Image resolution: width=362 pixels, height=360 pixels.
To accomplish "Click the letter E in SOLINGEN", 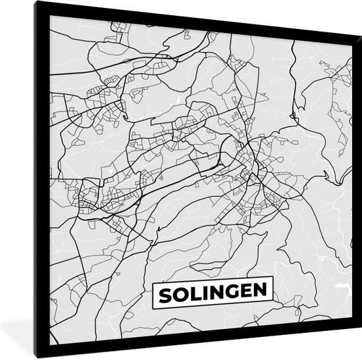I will click(238, 290).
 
